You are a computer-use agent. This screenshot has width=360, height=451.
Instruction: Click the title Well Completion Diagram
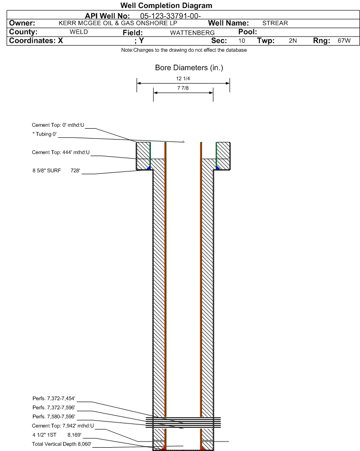(166, 6)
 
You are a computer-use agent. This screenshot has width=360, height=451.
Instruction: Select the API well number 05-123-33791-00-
(170, 16)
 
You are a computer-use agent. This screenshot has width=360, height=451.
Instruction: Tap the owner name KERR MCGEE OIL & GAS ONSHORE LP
(118, 23)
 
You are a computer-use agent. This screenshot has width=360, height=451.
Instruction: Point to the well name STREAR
(275, 23)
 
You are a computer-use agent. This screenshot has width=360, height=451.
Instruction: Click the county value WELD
(79, 32)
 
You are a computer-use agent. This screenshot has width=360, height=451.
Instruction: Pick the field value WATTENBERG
(192, 33)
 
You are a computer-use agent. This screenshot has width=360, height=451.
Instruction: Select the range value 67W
(344, 40)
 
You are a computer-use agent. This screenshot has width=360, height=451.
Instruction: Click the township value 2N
(293, 40)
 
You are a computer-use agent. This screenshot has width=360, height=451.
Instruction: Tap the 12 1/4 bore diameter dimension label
(183, 78)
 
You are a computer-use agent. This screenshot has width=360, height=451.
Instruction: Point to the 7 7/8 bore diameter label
(183, 88)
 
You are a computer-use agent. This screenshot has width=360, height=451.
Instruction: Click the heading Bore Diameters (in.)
(189, 68)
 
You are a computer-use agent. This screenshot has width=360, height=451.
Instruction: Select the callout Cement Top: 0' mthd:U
(58, 125)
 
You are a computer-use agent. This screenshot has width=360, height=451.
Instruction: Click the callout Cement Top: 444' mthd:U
(61, 152)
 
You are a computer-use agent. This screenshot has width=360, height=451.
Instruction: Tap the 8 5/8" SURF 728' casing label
(56, 170)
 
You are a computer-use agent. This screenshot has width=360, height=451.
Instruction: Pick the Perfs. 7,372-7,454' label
(54, 398)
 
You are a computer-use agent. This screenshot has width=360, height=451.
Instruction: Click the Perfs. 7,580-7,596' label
(54, 416)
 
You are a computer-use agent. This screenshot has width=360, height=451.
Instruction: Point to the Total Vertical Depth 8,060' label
(62, 444)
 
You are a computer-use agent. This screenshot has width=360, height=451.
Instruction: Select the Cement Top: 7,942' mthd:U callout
(63, 426)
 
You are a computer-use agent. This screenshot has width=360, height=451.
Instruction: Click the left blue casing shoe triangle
(149, 168)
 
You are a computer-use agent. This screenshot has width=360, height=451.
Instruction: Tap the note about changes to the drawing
(184, 50)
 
